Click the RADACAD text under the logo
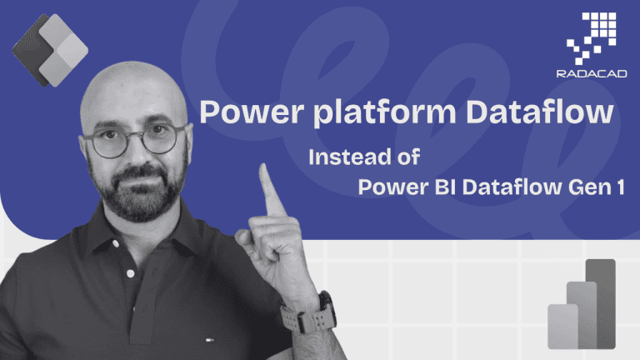[592, 74]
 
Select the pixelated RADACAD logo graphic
[592, 38]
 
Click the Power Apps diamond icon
[50, 50]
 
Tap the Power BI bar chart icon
[582, 304]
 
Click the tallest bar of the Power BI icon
[600, 303]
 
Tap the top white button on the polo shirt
[116, 243]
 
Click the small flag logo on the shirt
[210, 339]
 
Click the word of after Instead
[409, 157]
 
